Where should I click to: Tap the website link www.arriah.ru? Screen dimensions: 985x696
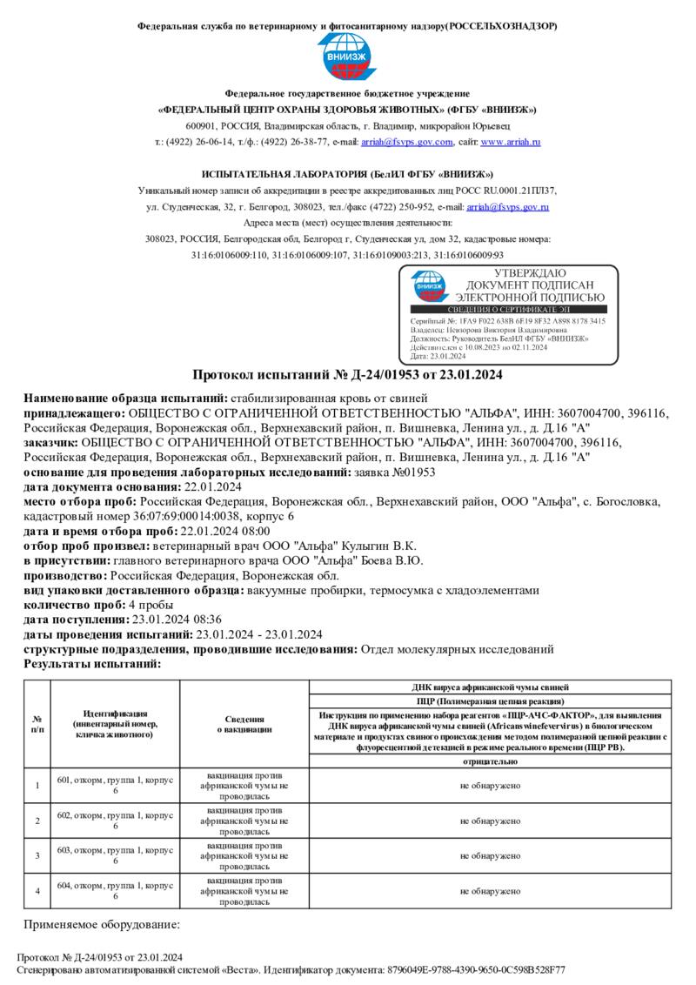511,142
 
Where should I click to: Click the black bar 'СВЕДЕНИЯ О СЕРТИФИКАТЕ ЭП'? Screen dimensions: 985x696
508,309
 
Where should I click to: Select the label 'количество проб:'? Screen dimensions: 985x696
75,605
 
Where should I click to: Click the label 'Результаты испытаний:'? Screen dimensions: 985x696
92,664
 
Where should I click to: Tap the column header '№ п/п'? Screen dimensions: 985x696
37,724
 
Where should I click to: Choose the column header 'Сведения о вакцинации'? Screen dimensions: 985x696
244,724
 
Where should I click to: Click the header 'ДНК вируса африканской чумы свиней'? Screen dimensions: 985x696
491,687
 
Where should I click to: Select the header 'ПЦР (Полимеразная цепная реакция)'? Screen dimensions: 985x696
491,700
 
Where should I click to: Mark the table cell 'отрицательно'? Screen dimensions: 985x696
491,761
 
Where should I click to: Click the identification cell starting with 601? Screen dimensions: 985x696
116,786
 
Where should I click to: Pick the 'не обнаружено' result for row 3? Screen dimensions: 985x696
491,856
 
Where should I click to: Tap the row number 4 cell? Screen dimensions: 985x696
37,891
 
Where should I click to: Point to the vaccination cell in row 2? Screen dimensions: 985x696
244,821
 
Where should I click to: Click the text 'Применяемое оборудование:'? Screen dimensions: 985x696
102,924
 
